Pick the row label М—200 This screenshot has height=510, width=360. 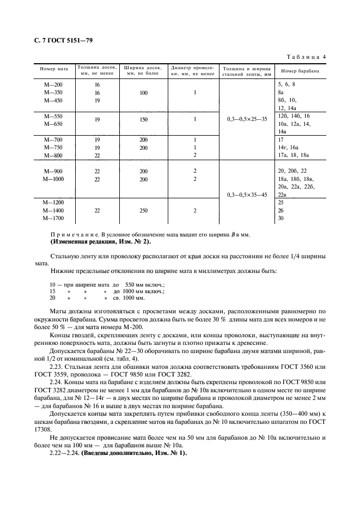[53, 85]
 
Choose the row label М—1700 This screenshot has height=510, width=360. [53, 218]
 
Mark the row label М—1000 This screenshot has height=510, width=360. [53, 179]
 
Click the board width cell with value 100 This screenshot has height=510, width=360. [143, 93]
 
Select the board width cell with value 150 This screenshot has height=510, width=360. [143, 119]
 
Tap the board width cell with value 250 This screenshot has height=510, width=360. [143, 210]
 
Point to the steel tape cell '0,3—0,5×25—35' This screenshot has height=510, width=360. [246, 119]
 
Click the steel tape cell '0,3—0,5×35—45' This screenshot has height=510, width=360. [246, 195]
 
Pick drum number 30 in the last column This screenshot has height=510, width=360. [281, 218]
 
